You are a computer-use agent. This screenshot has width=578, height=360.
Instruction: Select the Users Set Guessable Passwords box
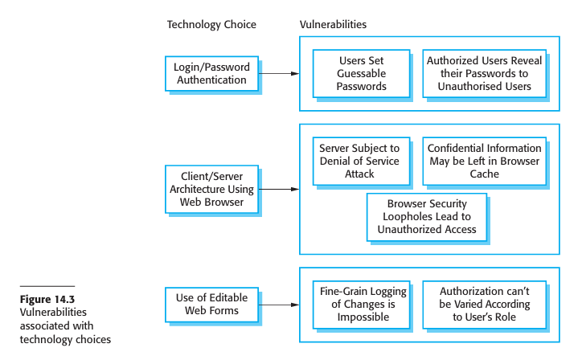point(362,73)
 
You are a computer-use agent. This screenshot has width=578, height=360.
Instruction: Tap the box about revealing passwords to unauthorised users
point(484,73)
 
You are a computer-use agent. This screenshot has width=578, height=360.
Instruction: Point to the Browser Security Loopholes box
point(427,217)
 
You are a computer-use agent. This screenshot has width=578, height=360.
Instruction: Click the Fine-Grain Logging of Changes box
point(362,305)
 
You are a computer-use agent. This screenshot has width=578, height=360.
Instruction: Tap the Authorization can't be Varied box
point(484,305)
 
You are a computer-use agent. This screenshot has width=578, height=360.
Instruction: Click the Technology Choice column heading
point(211,24)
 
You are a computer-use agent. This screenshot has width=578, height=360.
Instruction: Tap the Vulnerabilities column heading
point(334,24)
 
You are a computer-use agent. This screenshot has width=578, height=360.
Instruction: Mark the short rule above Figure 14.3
point(47,286)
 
